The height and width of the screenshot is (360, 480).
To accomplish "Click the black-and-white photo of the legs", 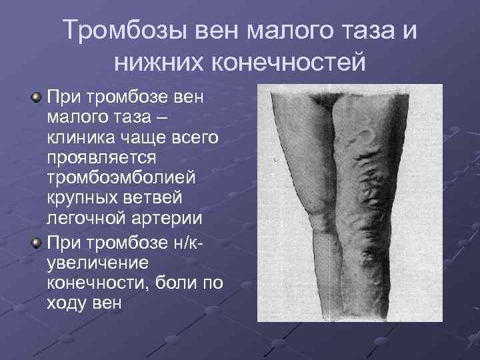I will [x=349, y=203].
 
